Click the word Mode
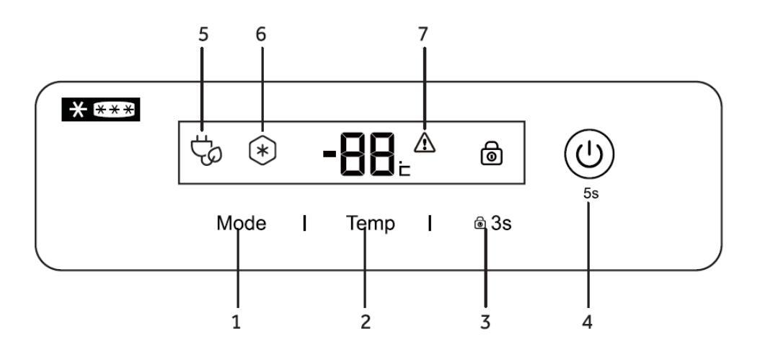[x=242, y=224]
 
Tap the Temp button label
[x=369, y=224]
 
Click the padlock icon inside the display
[x=492, y=154]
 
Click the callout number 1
[x=237, y=322]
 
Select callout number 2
[x=366, y=322]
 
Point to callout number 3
[x=485, y=322]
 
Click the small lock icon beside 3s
[x=480, y=224]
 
